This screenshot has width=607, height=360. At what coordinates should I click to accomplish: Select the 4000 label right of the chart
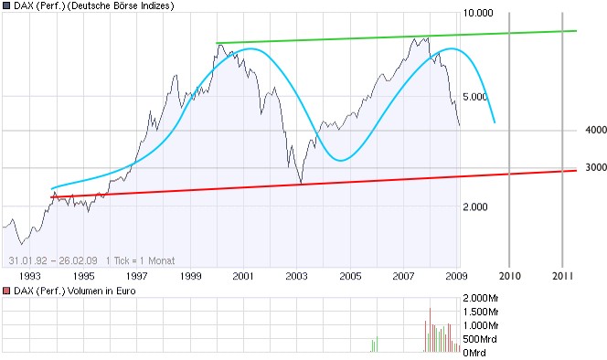596,131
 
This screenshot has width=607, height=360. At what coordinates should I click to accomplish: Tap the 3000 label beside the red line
596,167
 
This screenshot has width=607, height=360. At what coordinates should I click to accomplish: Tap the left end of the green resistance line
217,43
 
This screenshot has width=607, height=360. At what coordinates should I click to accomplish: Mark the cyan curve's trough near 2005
340,161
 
